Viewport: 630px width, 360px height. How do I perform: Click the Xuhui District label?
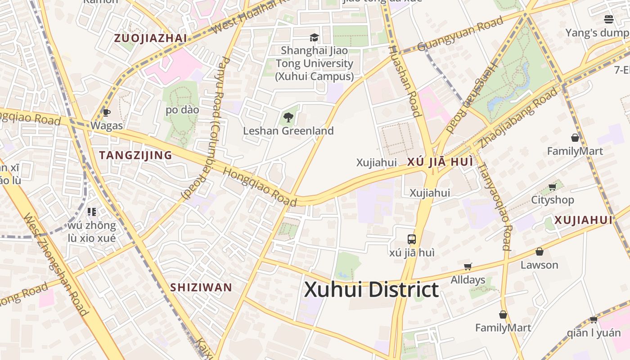tap(371, 290)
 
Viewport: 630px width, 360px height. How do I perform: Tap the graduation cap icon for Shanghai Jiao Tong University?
tap(314, 37)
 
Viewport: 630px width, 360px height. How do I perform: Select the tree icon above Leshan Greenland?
tap(288, 118)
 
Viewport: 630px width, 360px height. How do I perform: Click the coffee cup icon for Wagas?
tap(106, 112)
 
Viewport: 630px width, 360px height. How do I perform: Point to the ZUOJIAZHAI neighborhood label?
tap(150, 38)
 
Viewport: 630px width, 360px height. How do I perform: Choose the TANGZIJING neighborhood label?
tap(135, 155)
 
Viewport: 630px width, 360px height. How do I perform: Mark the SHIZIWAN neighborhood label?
tap(201, 287)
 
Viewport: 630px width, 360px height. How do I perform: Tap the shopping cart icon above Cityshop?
tap(552, 187)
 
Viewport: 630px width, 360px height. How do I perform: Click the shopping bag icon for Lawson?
tap(539, 252)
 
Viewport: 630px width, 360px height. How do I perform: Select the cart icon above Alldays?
tap(468, 266)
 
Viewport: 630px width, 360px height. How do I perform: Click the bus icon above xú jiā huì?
tap(411, 239)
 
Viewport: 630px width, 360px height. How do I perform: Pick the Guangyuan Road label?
tap(460, 34)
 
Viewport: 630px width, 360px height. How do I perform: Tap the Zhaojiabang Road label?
tap(518, 118)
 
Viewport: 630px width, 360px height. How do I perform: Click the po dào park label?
tap(182, 110)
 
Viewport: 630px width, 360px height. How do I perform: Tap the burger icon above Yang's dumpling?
tap(608, 19)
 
